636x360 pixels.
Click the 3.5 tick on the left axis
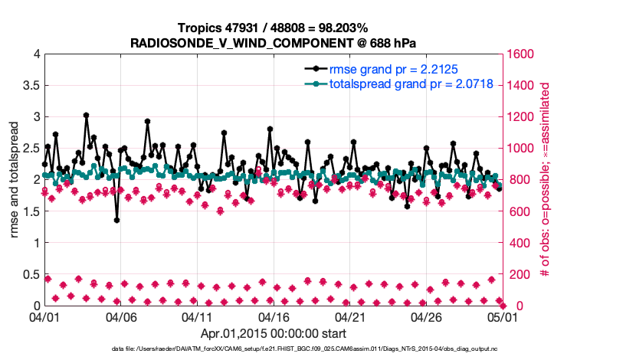(30, 85)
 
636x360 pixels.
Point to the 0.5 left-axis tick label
(30, 274)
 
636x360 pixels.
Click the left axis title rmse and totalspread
(15, 180)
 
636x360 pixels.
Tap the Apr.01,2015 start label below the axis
(273, 333)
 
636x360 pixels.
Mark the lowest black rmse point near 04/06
(116, 220)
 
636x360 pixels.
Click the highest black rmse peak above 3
(86, 116)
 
